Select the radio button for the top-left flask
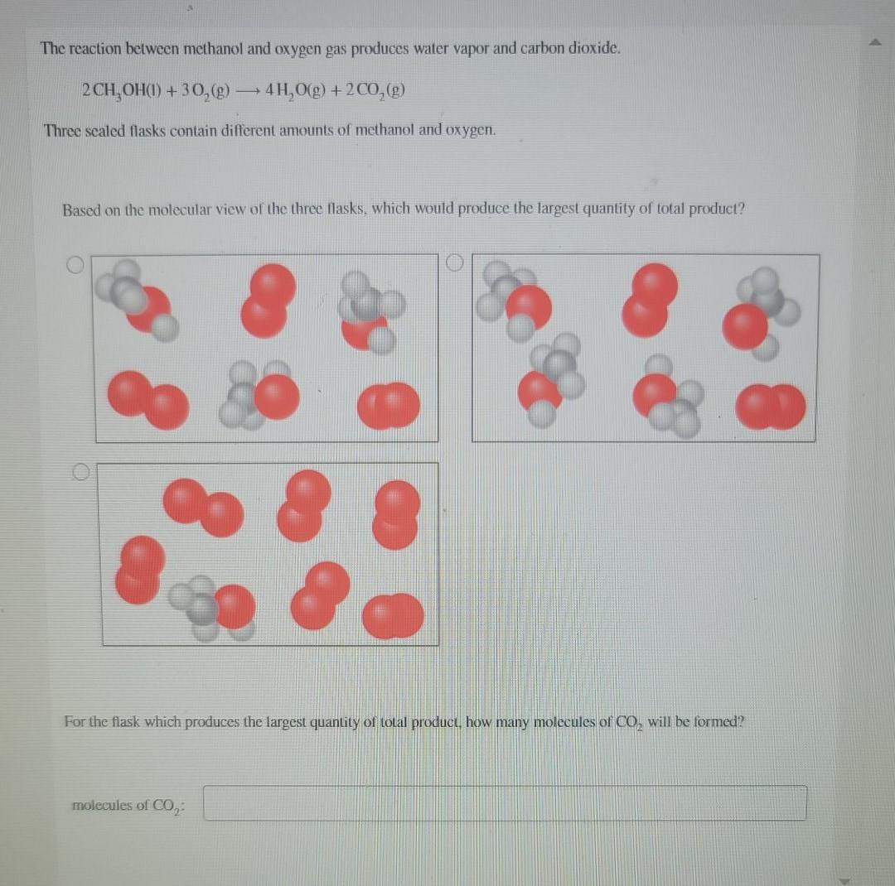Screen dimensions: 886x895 pyautogui.click(x=76, y=265)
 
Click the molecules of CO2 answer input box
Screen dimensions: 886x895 pyautogui.click(x=505, y=803)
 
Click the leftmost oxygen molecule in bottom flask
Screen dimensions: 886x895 pyautogui.click(x=140, y=568)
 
